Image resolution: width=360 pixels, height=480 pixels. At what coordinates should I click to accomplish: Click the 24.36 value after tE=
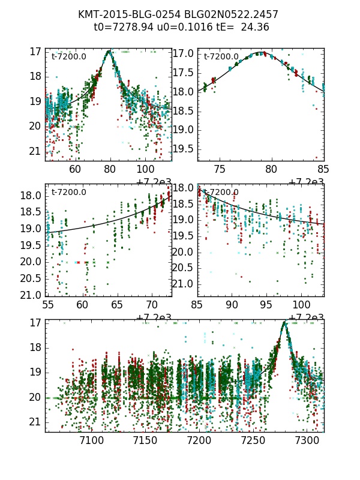pyautogui.click(x=255, y=27)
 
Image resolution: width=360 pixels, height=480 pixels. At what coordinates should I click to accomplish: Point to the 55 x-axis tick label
pyautogui.click(x=47, y=305)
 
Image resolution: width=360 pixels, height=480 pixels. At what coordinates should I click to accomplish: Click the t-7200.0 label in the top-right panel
pyautogui.click(x=221, y=57)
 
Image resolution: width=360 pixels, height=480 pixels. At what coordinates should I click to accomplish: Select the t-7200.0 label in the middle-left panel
pyautogui.click(x=68, y=193)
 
